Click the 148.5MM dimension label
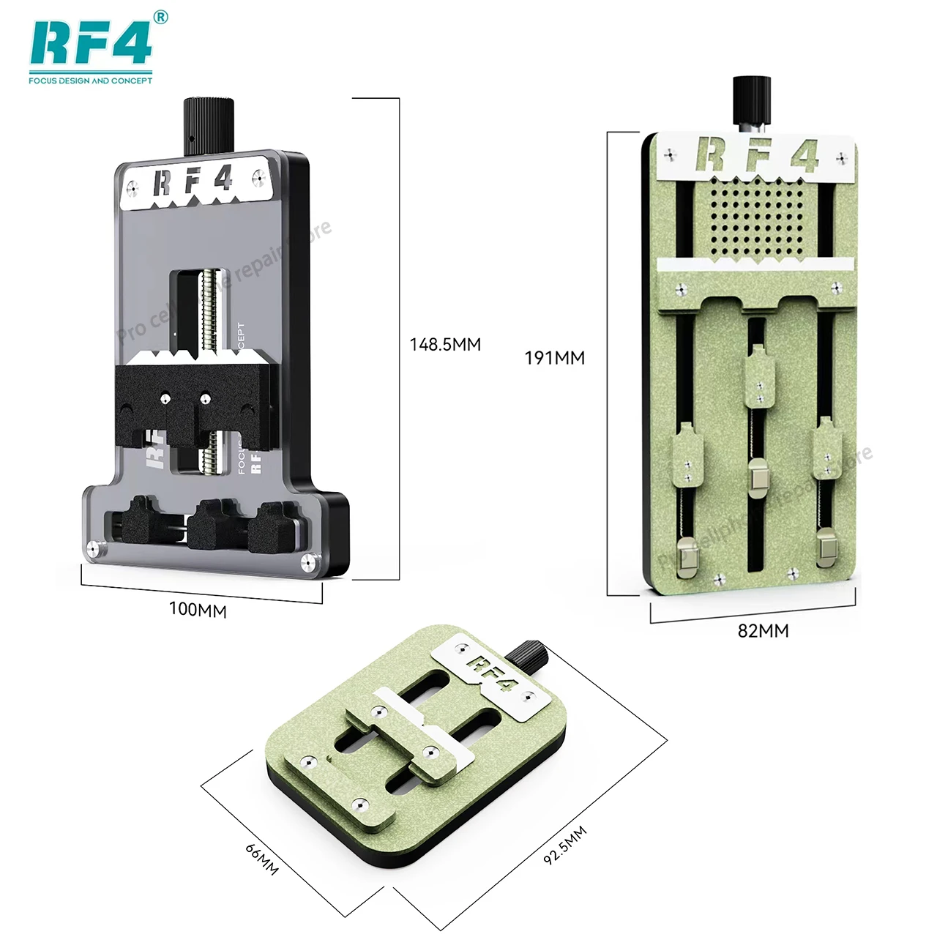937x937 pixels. coord(445,344)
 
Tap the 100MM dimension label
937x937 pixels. coord(198,609)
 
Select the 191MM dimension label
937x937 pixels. coord(554,358)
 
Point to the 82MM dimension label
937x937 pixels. coord(763,630)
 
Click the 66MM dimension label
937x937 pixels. coord(261,859)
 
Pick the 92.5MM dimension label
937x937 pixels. coord(564,845)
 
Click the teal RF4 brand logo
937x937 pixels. coord(90,43)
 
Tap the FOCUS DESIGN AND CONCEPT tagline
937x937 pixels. coord(90,81)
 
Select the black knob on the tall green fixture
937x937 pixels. coord(752,100)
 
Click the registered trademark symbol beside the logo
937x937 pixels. coord(161,17)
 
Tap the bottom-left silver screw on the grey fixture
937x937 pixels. coord(93,547)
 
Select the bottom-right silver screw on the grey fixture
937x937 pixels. coord(308,562)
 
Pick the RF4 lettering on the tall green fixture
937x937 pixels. coord(756,156)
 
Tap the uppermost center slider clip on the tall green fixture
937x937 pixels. coord(758,376)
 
